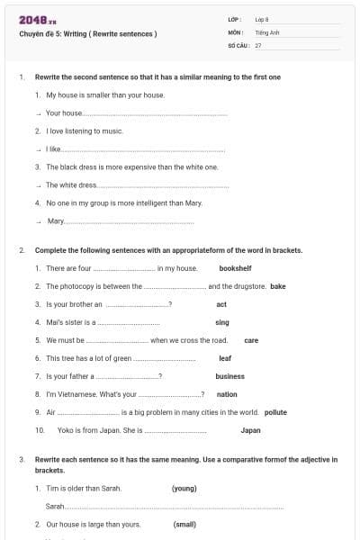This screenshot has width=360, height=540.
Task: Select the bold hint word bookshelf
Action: coord(236,268)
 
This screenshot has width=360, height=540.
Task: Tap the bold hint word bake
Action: coord(278,286)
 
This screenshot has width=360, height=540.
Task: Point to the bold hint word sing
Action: coord(222,322)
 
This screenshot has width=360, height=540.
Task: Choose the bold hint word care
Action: coord(251,341)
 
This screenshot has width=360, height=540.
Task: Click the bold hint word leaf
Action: coord(225,358)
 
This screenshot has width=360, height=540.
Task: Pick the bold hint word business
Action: coord(230,376)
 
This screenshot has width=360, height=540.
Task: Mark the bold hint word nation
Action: coord(227,394)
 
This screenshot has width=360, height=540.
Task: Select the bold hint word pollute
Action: coord(275,412)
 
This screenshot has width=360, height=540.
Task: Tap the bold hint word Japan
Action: coord(251,430)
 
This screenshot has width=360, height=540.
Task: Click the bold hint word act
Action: coord(221,304)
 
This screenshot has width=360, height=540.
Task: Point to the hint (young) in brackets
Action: coord(184,489)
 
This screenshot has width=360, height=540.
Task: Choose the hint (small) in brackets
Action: coord(184,524)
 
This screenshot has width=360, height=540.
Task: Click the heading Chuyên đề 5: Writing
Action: coord(88,34)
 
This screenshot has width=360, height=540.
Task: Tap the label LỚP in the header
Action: coord(235,19)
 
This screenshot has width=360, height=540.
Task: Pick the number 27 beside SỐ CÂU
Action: coord(258,44)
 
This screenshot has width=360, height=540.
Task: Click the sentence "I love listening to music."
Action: coord(85,131)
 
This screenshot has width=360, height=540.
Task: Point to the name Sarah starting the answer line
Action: coord(55,507)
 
